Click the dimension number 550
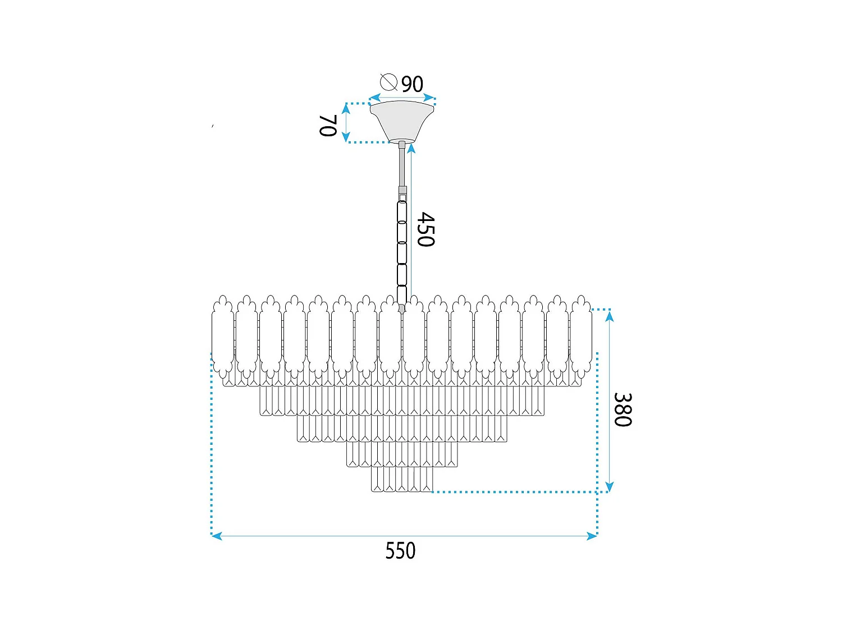(400, 551)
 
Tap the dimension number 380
(623, 409)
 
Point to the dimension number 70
(328, 125)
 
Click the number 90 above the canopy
(412, 84)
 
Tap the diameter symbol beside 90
(388, 82)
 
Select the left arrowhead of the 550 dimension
(217, 536)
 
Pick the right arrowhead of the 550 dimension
(592, 536)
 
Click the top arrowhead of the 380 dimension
(610, 316)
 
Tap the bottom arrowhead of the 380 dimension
(610, 486)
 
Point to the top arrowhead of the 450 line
(411, 148)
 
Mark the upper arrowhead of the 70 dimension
(346, 109)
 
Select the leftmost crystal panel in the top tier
(223, 337)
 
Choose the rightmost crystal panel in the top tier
(581, 337)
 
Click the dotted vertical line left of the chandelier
(212, 443)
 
